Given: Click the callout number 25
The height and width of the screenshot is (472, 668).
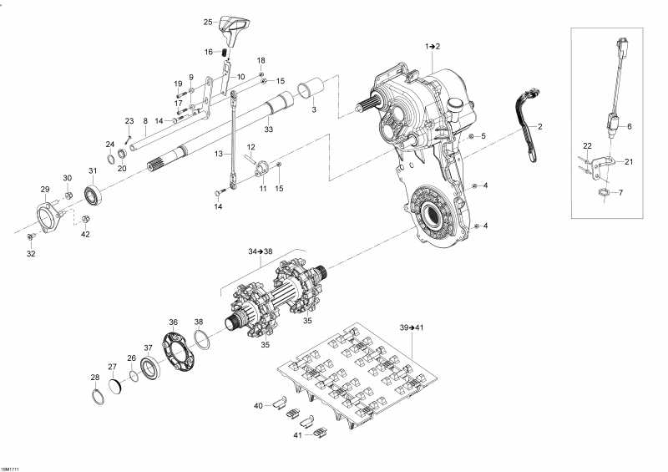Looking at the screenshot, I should point(208,22).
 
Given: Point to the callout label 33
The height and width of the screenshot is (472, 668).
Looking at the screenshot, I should point(268,129).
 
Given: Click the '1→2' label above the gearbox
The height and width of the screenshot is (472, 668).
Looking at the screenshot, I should point(433,45).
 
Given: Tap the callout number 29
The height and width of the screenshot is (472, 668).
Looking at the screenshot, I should point(45,190).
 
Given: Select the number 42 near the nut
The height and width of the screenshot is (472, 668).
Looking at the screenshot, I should point(84,235).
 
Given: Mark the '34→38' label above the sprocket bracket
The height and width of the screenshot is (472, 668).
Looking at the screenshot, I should point(260,251).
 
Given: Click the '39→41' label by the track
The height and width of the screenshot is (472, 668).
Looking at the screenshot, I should point(412,327).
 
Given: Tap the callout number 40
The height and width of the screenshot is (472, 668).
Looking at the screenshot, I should point(258,405).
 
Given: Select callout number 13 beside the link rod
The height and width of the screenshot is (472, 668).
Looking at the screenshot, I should point(219,155).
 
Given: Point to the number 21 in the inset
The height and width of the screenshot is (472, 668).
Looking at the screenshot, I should point(629,162).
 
